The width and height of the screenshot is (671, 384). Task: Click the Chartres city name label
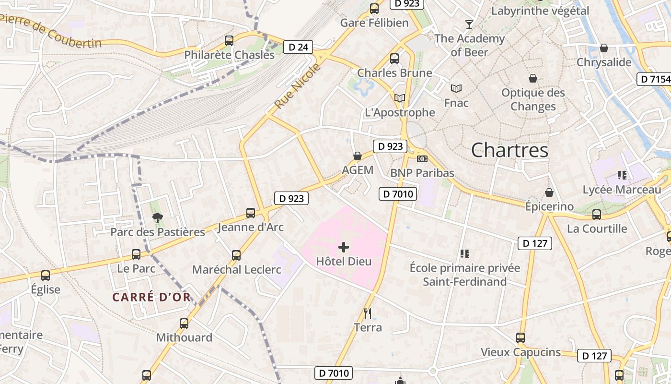click(x=509, y=150)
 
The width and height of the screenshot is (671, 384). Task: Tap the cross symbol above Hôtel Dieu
click(x=344, y=247)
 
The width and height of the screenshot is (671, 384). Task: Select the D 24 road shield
click(x=298, y=47)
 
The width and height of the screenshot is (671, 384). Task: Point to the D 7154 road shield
click(x=654, y=79)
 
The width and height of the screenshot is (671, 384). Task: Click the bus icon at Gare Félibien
click(x=374, y=9)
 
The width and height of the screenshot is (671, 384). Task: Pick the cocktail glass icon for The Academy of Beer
click(x=469, y=24)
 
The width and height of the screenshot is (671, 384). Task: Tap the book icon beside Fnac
click(x=456, y=88)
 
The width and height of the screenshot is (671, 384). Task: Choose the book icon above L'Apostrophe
click(x=399, y=98)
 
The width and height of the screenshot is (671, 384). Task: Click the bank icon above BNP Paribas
click(x=422, y=158)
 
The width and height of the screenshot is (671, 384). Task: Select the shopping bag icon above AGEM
click(x=357, y=156)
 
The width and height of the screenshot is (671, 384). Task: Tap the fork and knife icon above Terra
click(x=368, y=313)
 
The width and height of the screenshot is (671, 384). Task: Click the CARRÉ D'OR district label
click(x=151, y=297)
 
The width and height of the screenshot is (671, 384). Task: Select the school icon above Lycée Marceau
click(x=622, y=175)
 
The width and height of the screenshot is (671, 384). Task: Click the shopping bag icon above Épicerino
click(x=549, y=192)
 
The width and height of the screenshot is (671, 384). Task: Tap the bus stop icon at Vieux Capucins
click(x=521, y=338)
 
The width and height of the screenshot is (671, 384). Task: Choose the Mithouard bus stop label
click(x=184, y=337)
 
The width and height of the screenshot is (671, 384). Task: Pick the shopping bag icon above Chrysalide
click(x=604, y=48)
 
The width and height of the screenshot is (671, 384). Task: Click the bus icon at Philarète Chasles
click(x=229, y=41)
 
